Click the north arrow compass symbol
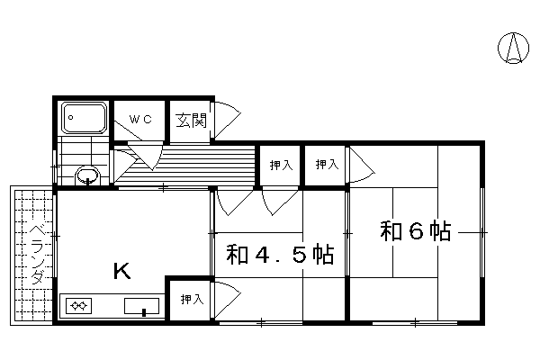(x=513, y=49)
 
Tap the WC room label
(x=140, y=119)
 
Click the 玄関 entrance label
(x=191, y=121)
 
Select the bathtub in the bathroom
(x=84, y=118)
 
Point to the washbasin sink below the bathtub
(x=87, y=175)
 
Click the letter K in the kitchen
(x=122, y=271)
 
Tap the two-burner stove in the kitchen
(x=79, y=306)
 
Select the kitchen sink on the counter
(x=141, y=306)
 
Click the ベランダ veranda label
(x=37, y=254)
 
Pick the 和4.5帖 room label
(x=280, y=255)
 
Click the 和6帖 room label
(x=415, y=231)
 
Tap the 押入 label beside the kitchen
(x=192, y=300)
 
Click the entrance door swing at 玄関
(x=228, y=121)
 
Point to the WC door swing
(x=128, y=130)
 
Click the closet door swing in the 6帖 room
(x=362, y=165)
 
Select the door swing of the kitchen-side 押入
(x=228, y=300)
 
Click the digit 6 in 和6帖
(x=416, y=231)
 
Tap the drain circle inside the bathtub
(x=70, y=118)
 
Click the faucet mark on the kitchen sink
(x=144, y=312)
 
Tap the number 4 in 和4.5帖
(x=262, y=255)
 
